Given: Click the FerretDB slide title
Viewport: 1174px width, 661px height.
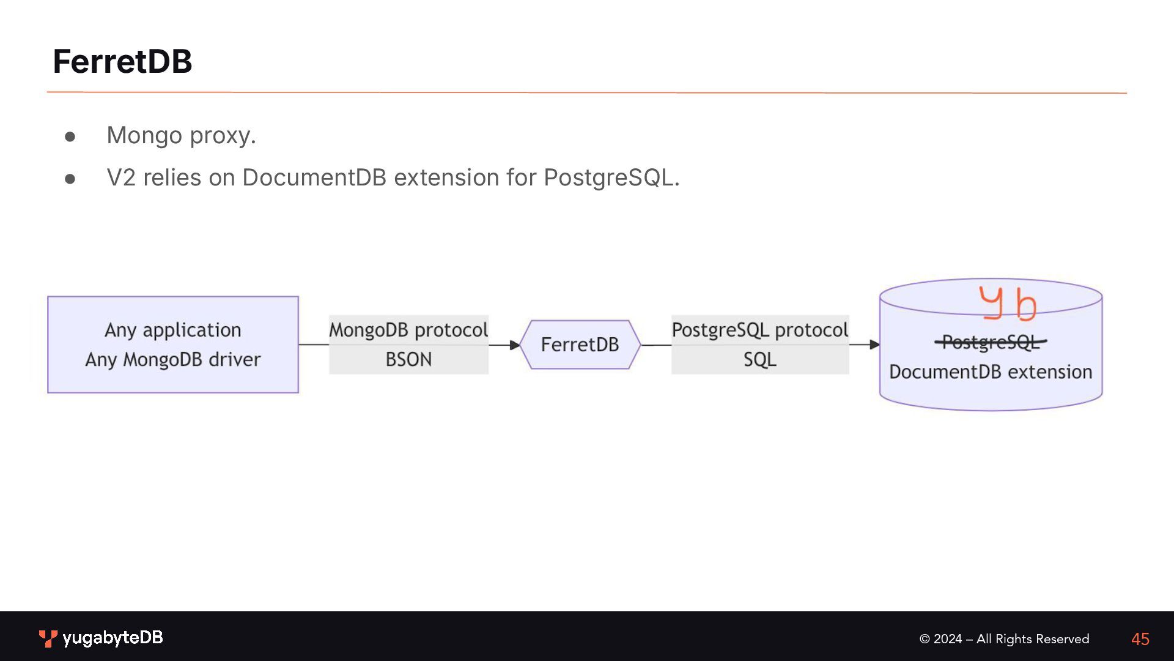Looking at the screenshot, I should [122, 62].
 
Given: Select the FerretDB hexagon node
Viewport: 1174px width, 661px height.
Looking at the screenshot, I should [580, 345].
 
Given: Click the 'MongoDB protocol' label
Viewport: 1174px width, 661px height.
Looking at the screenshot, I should [408, 330].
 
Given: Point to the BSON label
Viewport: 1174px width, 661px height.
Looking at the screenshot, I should [408, 359].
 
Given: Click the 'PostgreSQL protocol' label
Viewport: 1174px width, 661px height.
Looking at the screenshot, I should [759, 330].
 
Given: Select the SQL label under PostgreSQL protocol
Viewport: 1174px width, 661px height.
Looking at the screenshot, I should [759, 359].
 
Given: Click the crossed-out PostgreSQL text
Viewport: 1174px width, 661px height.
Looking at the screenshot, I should [991, 342].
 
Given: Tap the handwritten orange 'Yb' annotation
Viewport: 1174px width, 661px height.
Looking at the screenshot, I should [1008, 304].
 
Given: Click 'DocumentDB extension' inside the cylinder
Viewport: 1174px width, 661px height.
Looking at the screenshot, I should [991, 372].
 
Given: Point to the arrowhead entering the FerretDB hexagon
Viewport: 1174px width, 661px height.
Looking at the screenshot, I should [514, 345].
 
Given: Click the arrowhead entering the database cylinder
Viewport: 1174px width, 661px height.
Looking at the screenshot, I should [874, 345].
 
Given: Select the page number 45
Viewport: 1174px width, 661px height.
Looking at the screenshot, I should [1140, 639].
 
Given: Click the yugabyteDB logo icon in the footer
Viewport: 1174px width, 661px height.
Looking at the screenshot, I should [48, 638].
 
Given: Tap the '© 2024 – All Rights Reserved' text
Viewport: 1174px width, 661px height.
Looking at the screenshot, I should [1004, 639].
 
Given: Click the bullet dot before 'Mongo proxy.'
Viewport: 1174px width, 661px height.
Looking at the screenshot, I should [70, 136].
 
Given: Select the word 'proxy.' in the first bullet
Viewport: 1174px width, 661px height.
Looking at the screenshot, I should [223, 136].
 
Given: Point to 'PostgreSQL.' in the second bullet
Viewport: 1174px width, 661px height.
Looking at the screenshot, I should [611, 177].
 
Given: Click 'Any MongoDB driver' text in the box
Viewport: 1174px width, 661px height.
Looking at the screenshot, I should [173, 359].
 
